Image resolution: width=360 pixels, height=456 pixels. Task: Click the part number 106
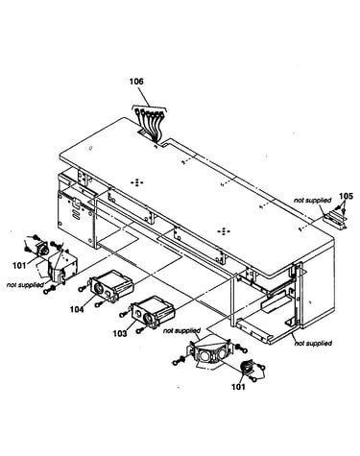click(x=136, y=82)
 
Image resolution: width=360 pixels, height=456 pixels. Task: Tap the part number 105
click(x=346, y=196)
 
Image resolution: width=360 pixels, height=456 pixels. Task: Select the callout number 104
click(x=77, y=309)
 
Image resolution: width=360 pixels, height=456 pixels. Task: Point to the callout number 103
click(x=120, y=333)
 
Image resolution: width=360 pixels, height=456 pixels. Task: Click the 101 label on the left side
click(x=19, y=265)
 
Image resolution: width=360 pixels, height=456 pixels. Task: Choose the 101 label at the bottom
click(x=238, y=387)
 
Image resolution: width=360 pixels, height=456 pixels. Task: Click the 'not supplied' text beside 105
click(x=313, y=201)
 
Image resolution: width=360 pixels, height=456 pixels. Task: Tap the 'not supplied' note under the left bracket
click(x=25, y=285)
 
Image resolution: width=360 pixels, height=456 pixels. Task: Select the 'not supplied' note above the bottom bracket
click(x=181, y=330)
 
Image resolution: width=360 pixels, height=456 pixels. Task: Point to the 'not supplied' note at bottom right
click(x=313, y=344)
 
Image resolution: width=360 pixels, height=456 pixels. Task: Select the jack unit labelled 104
click(x=111, y=286)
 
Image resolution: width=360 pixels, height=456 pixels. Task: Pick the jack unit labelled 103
click(x=153, y=311)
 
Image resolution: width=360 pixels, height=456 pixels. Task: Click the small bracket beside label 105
click(x=335, y=220)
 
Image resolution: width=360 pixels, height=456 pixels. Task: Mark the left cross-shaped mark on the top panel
click(x=137, y=182)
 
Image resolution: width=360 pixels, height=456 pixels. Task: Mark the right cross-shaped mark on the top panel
click(x=224, y=231)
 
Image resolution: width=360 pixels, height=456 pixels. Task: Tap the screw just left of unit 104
click(x=83, y=289)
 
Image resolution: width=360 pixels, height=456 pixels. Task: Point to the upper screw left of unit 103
click(x=123, y=315)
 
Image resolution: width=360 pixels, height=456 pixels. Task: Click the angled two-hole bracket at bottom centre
click(x=210, y=352)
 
